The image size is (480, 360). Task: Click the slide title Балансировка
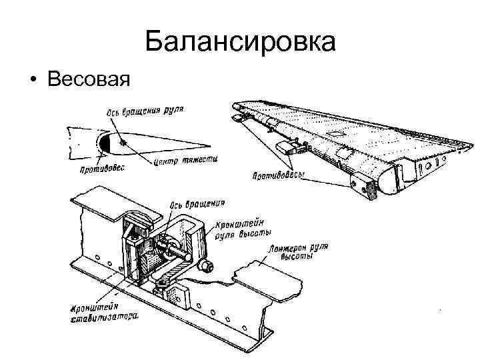[240, 43]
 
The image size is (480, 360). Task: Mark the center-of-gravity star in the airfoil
[122, 141]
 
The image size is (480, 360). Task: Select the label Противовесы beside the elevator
[279, 176]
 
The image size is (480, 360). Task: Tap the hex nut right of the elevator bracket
[205, 266]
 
